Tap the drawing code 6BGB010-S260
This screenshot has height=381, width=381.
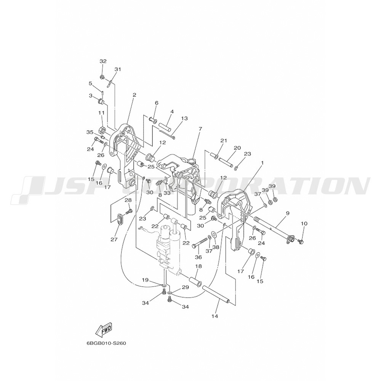point(106,343)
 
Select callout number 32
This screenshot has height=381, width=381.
point(103,61)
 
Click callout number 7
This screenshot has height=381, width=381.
point(200,129)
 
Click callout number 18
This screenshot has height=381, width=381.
point(199,266)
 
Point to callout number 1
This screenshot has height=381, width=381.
point(262,163)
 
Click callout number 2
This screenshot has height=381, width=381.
point(134,95)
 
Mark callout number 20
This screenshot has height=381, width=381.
point(237,148)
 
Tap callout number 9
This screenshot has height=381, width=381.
point(287,213)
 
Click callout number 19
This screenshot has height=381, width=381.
point(145,280)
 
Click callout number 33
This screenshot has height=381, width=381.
point(166,193)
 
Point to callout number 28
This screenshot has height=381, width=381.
point(128,200)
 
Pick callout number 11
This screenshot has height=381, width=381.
point(101,113)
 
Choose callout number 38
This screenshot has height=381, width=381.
point(216,247)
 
